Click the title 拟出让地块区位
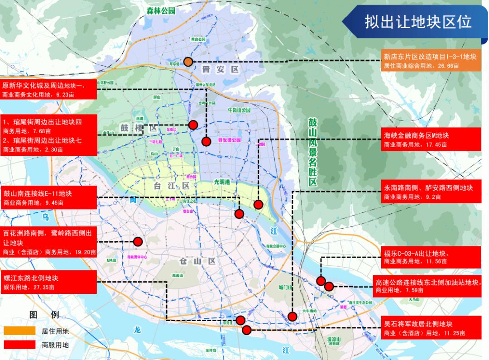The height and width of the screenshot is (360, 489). click(418, 22)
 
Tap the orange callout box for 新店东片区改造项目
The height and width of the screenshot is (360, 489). click(430, 61)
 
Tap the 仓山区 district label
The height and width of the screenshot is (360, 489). click(197, 261)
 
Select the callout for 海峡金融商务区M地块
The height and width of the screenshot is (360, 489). click(430, 139)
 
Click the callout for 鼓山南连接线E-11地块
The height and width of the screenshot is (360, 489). click(48, 197)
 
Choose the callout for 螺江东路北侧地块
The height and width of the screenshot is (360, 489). click(48, 282)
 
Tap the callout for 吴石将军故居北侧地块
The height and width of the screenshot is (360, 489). click(430, 328)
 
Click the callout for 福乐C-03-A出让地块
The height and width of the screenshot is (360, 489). click(430, 257)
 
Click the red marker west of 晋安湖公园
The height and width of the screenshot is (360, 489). click(206, 141)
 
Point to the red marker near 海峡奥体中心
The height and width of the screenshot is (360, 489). click(138, 241)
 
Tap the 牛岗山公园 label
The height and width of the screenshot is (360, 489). click(239, 110)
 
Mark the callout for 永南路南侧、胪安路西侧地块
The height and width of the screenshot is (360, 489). click(430, 192)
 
